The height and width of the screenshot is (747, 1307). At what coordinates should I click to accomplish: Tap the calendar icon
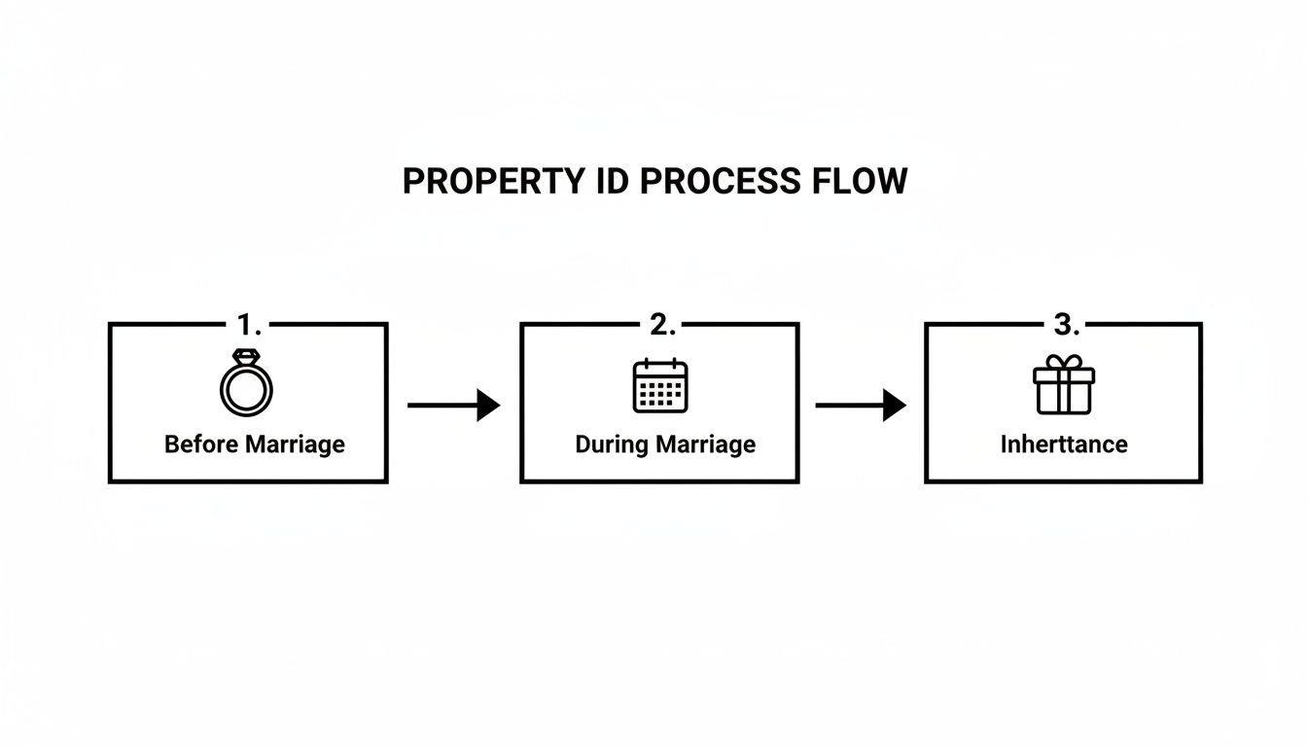660,386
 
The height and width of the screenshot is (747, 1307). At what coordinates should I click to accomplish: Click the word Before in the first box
200,445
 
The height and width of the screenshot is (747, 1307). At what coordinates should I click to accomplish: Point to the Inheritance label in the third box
1064,445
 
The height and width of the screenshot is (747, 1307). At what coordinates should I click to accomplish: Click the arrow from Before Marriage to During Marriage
452,405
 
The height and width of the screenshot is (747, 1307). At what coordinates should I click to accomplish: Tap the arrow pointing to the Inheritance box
860,405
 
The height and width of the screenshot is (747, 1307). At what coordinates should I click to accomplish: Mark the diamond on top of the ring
247,356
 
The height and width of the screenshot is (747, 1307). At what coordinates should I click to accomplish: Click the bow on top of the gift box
1064,362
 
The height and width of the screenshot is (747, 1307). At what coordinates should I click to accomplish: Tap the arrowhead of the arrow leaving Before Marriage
489,405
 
